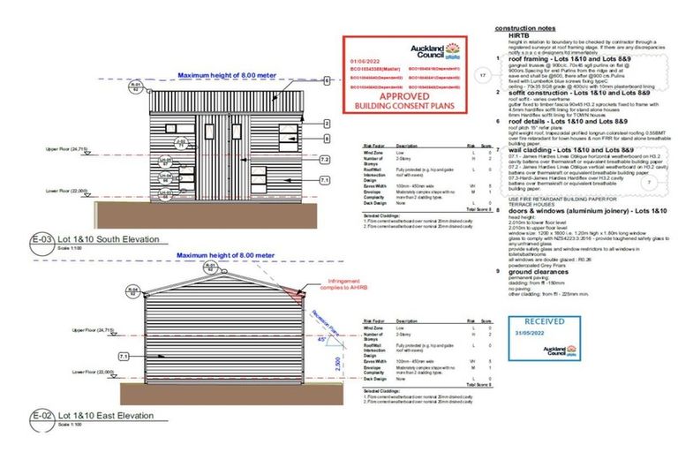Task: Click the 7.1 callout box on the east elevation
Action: tap(124, 355)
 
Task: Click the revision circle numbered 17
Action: tap(483, 77)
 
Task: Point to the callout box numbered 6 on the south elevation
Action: tap(326, 80)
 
